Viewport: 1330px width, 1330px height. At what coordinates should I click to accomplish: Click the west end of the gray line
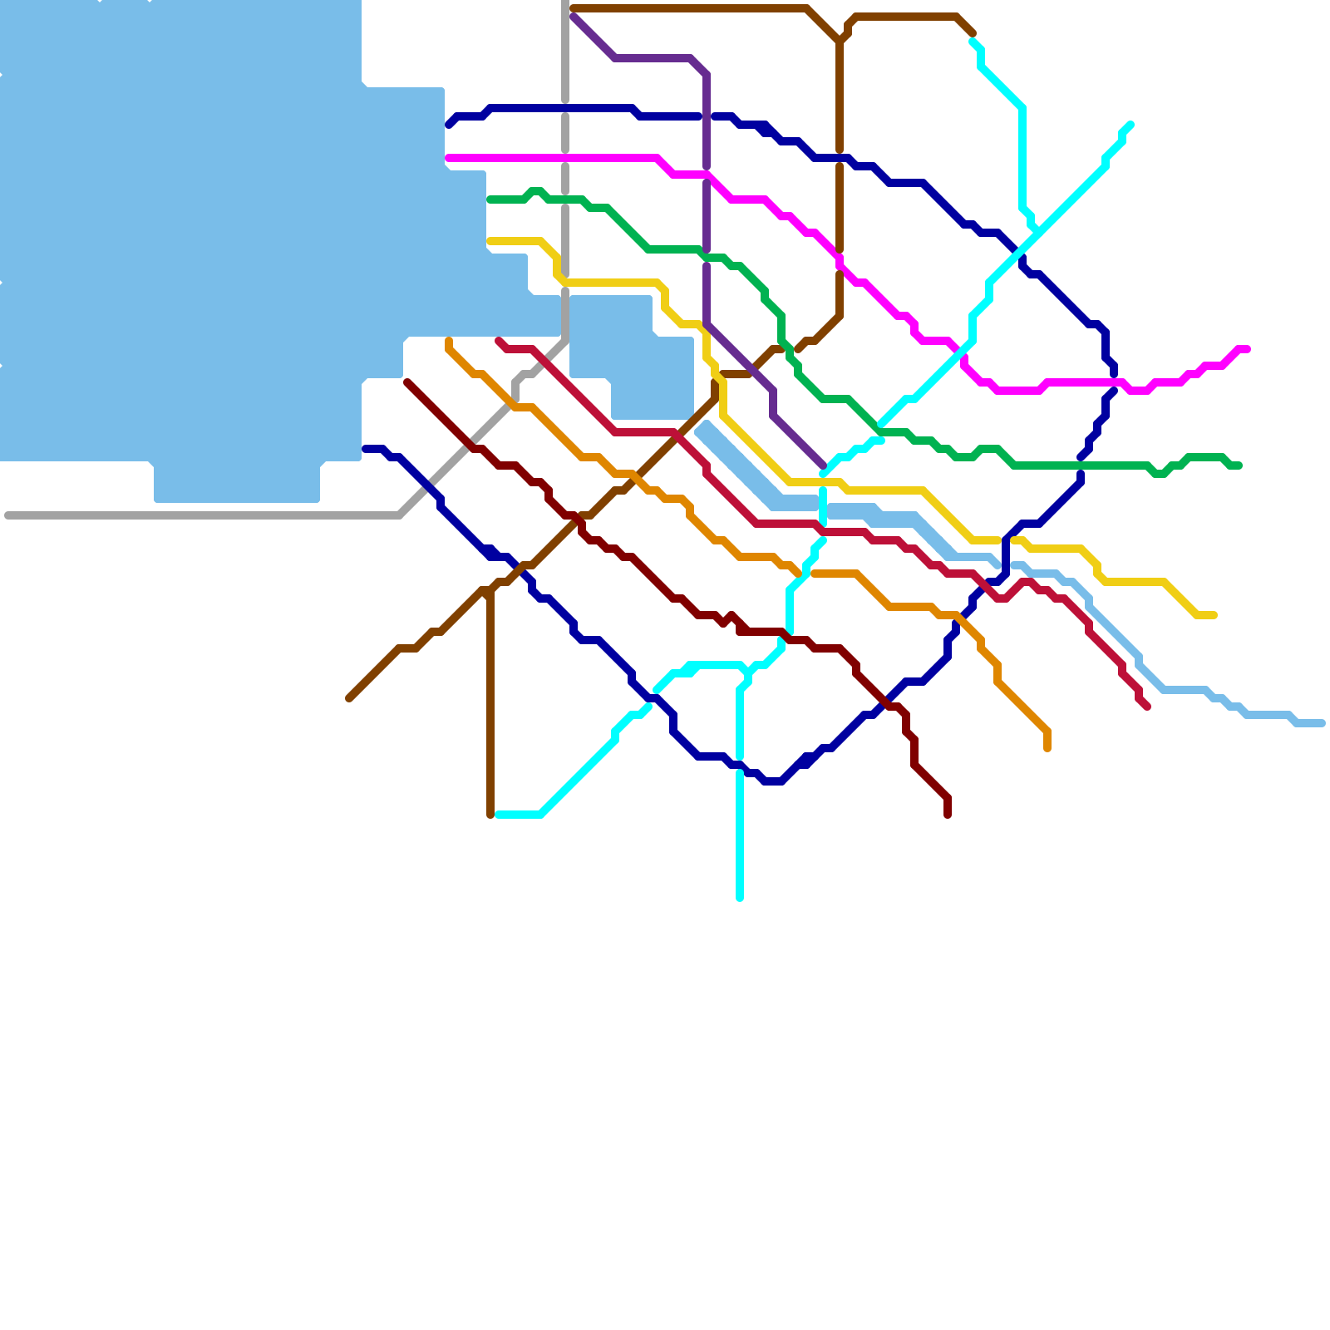pos(7,515)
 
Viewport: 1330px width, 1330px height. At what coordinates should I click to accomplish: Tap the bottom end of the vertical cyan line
pos(740,898)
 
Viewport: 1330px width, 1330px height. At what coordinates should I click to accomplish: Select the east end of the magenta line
pos(1248,349)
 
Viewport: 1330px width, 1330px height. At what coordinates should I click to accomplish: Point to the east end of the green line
pos(1239,465)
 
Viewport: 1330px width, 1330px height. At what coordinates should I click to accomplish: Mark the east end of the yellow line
pos(1214,615)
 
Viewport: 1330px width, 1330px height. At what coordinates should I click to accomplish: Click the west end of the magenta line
pos(449,158)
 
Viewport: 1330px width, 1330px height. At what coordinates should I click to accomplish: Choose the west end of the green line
pos(490,199)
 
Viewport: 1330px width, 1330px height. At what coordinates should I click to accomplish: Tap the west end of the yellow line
pos(490,241)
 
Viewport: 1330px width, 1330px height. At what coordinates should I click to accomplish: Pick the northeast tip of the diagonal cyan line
pos(1130,126)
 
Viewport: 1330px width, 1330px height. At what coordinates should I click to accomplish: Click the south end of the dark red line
pos(948,815)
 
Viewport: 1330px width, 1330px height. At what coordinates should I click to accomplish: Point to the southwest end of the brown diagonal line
pos(349,698)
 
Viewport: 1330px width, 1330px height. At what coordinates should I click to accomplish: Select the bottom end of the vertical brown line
pos(490,815)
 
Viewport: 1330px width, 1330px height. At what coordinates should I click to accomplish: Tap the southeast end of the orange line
pos(1047,748)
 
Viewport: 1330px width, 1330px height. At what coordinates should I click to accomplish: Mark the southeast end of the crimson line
pos(1147,707)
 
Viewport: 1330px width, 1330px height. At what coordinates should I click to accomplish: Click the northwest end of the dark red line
pos(407,382)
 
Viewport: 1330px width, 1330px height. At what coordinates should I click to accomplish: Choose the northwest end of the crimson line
pos(499,341)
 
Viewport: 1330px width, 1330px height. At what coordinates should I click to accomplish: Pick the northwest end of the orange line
pos(449,341)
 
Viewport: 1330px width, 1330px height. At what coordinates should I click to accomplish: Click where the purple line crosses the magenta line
pos(707,175)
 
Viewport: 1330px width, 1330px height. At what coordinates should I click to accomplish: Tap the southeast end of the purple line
pos(823,465)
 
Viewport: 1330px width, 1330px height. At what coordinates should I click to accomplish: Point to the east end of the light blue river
pos(1322,723)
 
